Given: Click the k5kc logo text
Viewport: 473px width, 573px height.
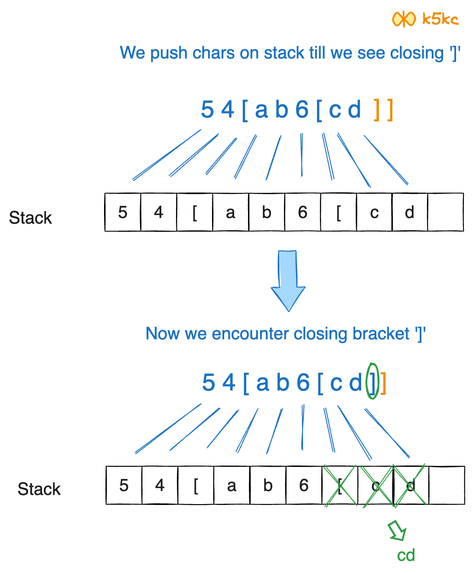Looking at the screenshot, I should coord(440,19).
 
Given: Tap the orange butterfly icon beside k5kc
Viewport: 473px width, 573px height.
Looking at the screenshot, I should coord(403,19).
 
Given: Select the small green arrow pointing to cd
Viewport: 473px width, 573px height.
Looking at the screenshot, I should coord(397,531).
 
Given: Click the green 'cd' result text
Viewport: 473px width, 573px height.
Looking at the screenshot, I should coord(406,555).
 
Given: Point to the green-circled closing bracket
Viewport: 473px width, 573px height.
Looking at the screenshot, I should coord(372,381).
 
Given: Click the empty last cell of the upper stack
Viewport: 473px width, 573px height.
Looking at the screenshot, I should coord(445,212).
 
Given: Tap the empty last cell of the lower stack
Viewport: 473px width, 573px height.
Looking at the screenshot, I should coord(447,485).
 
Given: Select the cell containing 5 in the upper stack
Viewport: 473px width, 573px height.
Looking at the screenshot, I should coord(123,212).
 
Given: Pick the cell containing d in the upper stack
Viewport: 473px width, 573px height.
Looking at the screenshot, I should coord(410,212).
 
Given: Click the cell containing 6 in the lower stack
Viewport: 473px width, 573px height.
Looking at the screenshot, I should coord(304,485).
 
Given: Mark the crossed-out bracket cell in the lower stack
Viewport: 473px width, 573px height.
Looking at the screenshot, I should coord(340,485).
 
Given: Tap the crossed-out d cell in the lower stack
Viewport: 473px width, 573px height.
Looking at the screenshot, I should coord(411,485).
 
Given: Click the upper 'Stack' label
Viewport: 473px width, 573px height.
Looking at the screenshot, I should coord(30,218).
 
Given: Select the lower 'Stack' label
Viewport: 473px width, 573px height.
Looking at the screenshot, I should coord(39,489).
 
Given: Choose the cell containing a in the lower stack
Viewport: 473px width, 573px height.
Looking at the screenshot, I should coord(232,485).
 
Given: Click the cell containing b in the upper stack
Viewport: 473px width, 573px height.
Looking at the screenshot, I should coord(267,212).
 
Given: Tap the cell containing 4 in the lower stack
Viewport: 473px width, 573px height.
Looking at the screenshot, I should coord(160,485).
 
